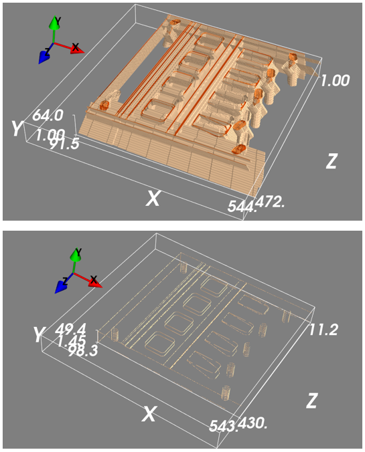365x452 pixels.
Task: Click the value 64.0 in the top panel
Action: pyautogui.click(x=48, y=115)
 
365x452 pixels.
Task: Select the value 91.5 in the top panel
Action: pyautogui.click(x=64, y=144)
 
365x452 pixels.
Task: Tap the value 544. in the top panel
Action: pyautogui.click(x=242, y=206)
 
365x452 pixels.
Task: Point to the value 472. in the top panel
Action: pyautogui.click(x=270, y=201)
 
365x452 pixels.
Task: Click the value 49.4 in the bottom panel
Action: pyautogui.click(x=70, y=329)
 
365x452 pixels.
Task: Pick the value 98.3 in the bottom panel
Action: pyautogui.click(x=82, y=350)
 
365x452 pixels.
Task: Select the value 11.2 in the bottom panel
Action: pyautogui.click(x=323, y=330)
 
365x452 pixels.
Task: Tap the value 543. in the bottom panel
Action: pyautogui.click(x=223, y=426)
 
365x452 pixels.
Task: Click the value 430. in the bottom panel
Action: pyautogui.click(x=252, y=423)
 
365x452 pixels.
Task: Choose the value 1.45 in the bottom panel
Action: pyautogui.click(x=71, y=341)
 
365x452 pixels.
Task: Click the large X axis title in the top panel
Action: pyautogui.click(x=153, y=199)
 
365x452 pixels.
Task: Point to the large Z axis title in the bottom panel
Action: pyautogui.click(x=311, y=401)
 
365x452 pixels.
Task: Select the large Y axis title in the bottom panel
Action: pyautogui.click(x=39, y=334)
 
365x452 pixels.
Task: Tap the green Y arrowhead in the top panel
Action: pyautogui.click(x=54, y=23)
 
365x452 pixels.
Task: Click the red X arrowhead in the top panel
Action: pyautogui.click(x=77, y=49)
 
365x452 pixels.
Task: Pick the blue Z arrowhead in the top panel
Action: pyautogui.click(x=44, y=56)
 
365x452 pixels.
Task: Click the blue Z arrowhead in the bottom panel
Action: pyautogui.click(x=60, y=286)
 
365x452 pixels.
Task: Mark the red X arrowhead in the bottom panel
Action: pyautogui.click(x=96, y=282)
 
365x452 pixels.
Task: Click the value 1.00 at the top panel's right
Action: pyautogui.click(x=335, y=80)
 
